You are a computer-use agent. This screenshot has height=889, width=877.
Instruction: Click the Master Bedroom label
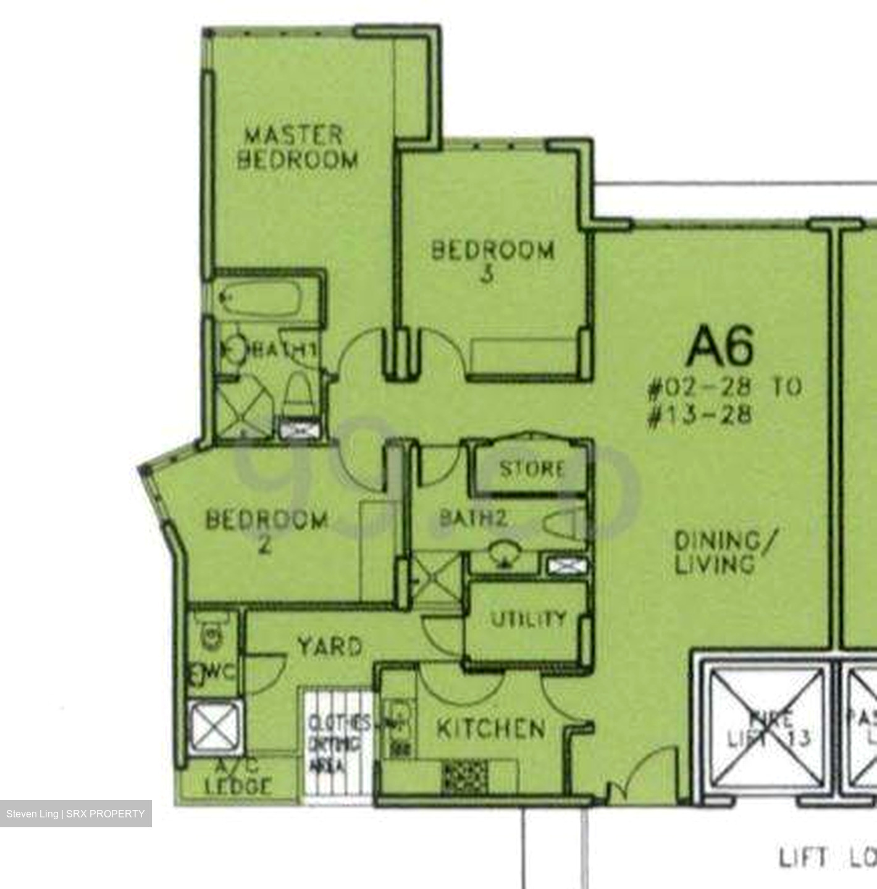(x=297, y=148)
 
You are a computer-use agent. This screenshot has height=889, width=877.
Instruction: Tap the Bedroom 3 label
(x=492, y=261)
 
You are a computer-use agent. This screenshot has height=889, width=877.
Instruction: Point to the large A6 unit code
(x=720, y=346)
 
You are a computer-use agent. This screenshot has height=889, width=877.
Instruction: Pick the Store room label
(x=532, y=469)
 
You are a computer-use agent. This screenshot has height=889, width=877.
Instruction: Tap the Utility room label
(x=529, y=619)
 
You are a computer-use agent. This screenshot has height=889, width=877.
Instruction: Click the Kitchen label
(x=491, y=729)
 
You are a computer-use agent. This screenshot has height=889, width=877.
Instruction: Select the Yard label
(x=329, y=646)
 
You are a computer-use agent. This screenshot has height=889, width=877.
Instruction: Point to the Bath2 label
(x=472, y=518)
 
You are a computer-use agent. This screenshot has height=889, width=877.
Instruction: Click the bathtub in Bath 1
(x=260, y=299)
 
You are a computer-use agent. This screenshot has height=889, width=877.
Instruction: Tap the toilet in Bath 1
(x=298, y=395)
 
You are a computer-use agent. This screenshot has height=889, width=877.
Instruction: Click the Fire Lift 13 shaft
(x=766, y=728)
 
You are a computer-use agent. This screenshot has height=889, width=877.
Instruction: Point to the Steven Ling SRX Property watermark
(x=75, y=814)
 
